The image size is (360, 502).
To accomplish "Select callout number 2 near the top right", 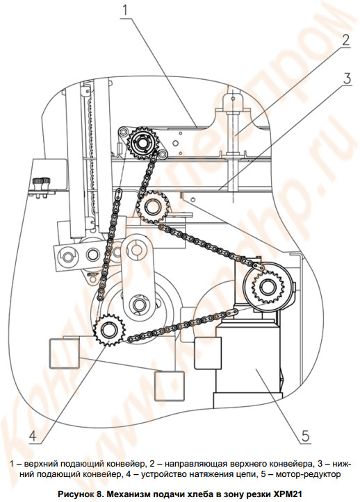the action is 345,40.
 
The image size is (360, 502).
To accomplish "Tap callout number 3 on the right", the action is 346,78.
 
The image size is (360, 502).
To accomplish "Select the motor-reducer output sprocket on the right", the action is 267,287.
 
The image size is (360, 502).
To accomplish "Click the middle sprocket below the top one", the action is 151,206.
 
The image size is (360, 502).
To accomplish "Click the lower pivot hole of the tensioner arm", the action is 138,304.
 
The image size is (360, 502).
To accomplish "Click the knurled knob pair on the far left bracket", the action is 41,185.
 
